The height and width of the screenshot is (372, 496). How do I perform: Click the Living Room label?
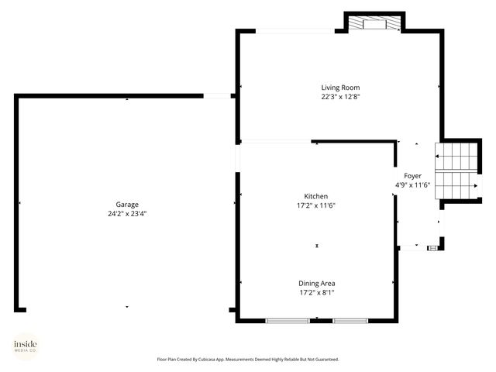[340, 88]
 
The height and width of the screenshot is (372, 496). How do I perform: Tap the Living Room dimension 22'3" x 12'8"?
[340, 97]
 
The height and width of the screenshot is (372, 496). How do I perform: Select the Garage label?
[128, 205]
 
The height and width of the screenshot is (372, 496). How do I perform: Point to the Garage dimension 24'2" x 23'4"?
[128, 214]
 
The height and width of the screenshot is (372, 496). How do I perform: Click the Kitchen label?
[315, 196]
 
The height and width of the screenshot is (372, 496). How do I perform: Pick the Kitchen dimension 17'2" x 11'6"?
[315, 205]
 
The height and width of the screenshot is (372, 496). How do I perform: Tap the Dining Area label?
[317, 283]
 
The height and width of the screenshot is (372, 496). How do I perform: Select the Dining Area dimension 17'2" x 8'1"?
[317, 292]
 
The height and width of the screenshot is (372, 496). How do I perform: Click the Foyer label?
[412, 176]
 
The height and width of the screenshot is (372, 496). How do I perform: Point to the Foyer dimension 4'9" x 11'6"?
[412, 185]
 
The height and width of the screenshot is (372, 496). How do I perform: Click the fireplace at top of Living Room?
[374, 24]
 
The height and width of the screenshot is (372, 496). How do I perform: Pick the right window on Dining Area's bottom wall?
[350, 320]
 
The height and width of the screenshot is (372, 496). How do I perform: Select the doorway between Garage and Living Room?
[221, 96]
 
